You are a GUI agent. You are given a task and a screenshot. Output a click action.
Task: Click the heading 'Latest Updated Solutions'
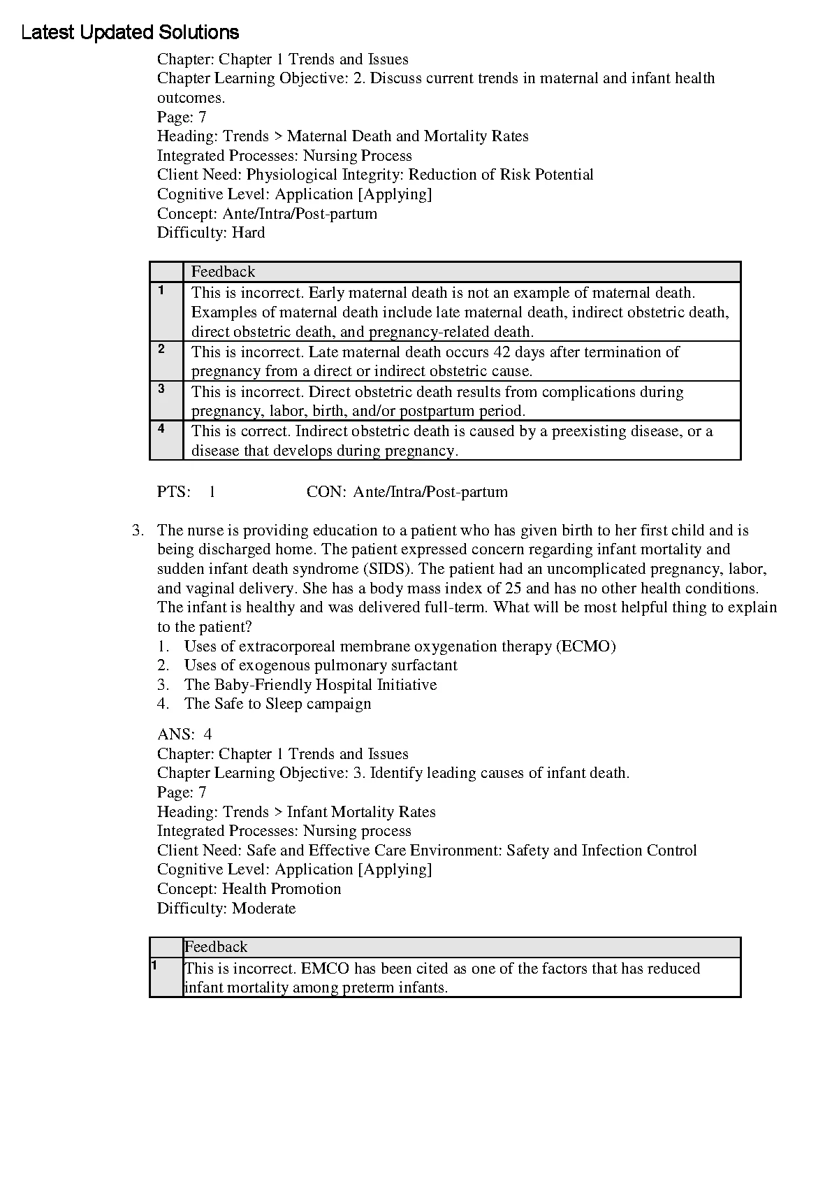click(130, 32)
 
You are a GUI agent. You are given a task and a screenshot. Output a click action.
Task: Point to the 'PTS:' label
click(174, 492)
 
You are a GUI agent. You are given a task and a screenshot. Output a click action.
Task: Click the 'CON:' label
click(326, 492)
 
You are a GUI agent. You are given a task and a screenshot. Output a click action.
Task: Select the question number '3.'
click(138, 530)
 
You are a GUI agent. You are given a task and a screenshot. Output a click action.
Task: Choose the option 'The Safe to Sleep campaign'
click(277, 704)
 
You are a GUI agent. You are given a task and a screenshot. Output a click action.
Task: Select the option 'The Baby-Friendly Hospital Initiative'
click(310, 685)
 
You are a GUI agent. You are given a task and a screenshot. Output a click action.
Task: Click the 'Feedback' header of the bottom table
click(216, 947)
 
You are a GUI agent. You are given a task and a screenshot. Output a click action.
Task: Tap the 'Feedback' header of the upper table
click(224, 272)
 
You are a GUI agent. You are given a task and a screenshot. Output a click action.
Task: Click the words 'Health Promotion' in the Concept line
click(282, 889)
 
